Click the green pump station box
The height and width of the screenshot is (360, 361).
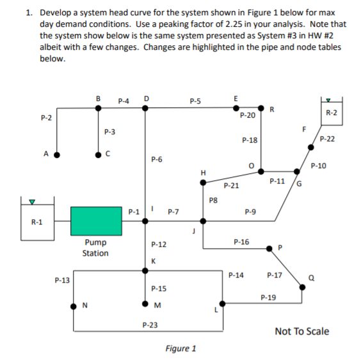point(95,221)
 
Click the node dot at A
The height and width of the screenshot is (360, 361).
point(57,155)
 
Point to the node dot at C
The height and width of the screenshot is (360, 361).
point(97,155)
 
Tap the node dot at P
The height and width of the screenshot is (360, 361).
point(268,246)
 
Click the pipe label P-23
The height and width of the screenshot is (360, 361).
point(151,325)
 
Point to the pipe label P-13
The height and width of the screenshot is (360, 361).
point(63,279)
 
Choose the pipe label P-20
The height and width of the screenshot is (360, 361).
point(248,116)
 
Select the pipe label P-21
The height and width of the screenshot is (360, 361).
point(231,186)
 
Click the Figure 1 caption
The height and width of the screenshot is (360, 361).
point(180,348)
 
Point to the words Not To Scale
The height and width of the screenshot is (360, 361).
point(301,331)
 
